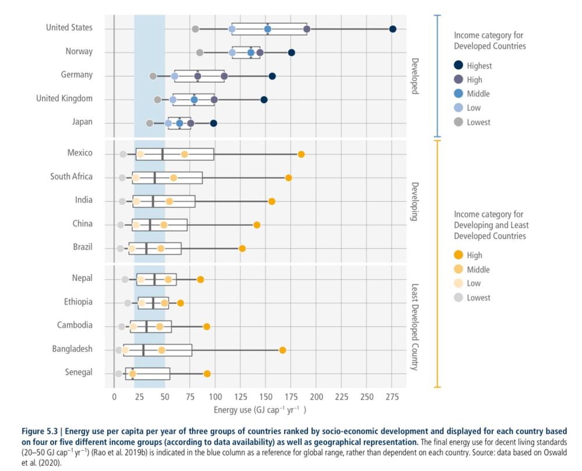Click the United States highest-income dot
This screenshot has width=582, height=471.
(393, 29)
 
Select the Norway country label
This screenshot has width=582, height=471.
(79, 51)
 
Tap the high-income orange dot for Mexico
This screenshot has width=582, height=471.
(301, 154)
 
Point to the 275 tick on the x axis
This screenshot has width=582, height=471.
(392, 396)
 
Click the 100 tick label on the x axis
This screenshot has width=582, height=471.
(215, 396)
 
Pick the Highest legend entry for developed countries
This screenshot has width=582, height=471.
(478, 66)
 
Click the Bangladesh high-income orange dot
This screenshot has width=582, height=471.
(282, 350)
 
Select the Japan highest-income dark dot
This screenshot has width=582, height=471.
(214, 123)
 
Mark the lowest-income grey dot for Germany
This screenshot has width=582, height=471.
(153, 76)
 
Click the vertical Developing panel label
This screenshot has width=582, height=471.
(415, 201)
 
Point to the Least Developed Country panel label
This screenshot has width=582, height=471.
(415, 327)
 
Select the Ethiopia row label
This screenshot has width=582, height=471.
(78, 302)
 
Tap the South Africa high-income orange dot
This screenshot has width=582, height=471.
(288, 178)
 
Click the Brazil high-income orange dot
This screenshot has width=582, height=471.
(242, 249)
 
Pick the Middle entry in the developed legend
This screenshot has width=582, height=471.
(478, 94)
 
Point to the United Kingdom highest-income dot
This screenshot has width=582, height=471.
(264, 100)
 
